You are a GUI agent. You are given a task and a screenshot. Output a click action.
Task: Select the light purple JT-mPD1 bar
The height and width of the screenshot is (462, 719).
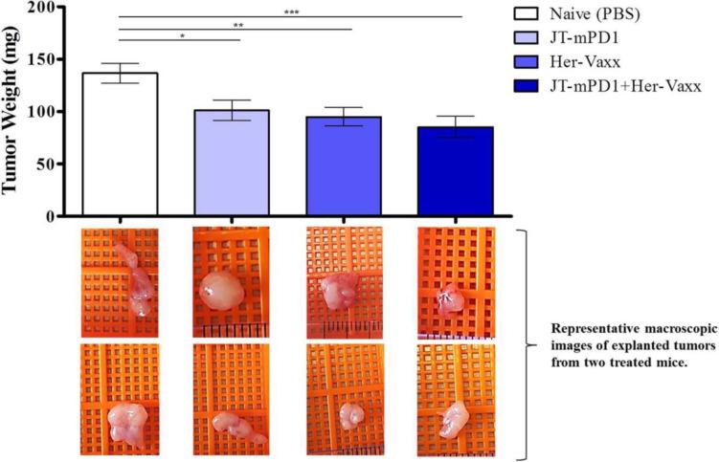(x=232, y=163)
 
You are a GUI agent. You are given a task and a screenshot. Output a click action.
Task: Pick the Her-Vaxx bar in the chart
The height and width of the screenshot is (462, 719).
(x=344, y=165)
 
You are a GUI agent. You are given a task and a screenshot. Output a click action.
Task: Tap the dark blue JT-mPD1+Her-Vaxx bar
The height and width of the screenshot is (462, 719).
(x=455, y=170)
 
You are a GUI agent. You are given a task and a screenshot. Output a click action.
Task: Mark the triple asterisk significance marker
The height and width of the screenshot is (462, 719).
(x=292, y=11)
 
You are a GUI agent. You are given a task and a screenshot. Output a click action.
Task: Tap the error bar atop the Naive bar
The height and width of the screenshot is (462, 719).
(x=120, y=65)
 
